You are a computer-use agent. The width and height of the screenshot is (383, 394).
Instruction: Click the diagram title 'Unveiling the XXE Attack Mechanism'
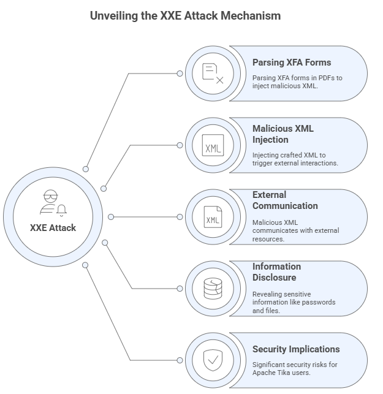point(185,16)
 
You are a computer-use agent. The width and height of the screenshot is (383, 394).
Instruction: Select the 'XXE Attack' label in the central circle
point(53,227)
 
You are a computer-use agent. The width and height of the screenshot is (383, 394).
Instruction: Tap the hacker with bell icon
point(53,203)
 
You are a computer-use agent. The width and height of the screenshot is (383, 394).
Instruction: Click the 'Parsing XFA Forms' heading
point(291,62)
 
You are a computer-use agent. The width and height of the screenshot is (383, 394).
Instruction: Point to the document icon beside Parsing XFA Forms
point(213,74)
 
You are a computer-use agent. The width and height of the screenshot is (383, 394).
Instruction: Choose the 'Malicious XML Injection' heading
point(283,134)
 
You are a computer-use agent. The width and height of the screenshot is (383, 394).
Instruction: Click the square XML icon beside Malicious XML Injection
point(213,145)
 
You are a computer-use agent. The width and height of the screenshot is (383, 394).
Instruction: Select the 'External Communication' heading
point(285,200)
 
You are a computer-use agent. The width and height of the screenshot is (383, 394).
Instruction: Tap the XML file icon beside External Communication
point(213,217)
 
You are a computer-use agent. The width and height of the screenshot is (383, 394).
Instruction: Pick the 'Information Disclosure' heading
point(276,271)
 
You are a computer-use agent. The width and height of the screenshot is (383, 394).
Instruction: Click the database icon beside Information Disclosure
point(213,289)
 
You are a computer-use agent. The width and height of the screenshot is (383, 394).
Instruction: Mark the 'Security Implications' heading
point(296,349)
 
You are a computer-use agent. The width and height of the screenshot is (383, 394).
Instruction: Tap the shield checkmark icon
point(213,360)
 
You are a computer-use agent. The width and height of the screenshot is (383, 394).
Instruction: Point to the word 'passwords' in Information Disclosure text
point(318,302)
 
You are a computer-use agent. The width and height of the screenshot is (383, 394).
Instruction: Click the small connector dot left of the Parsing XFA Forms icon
point(180,74)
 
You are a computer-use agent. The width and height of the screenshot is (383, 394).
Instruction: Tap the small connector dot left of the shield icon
point(180,360)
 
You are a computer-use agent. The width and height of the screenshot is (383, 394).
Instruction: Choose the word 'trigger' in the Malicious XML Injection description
point(263,164)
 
